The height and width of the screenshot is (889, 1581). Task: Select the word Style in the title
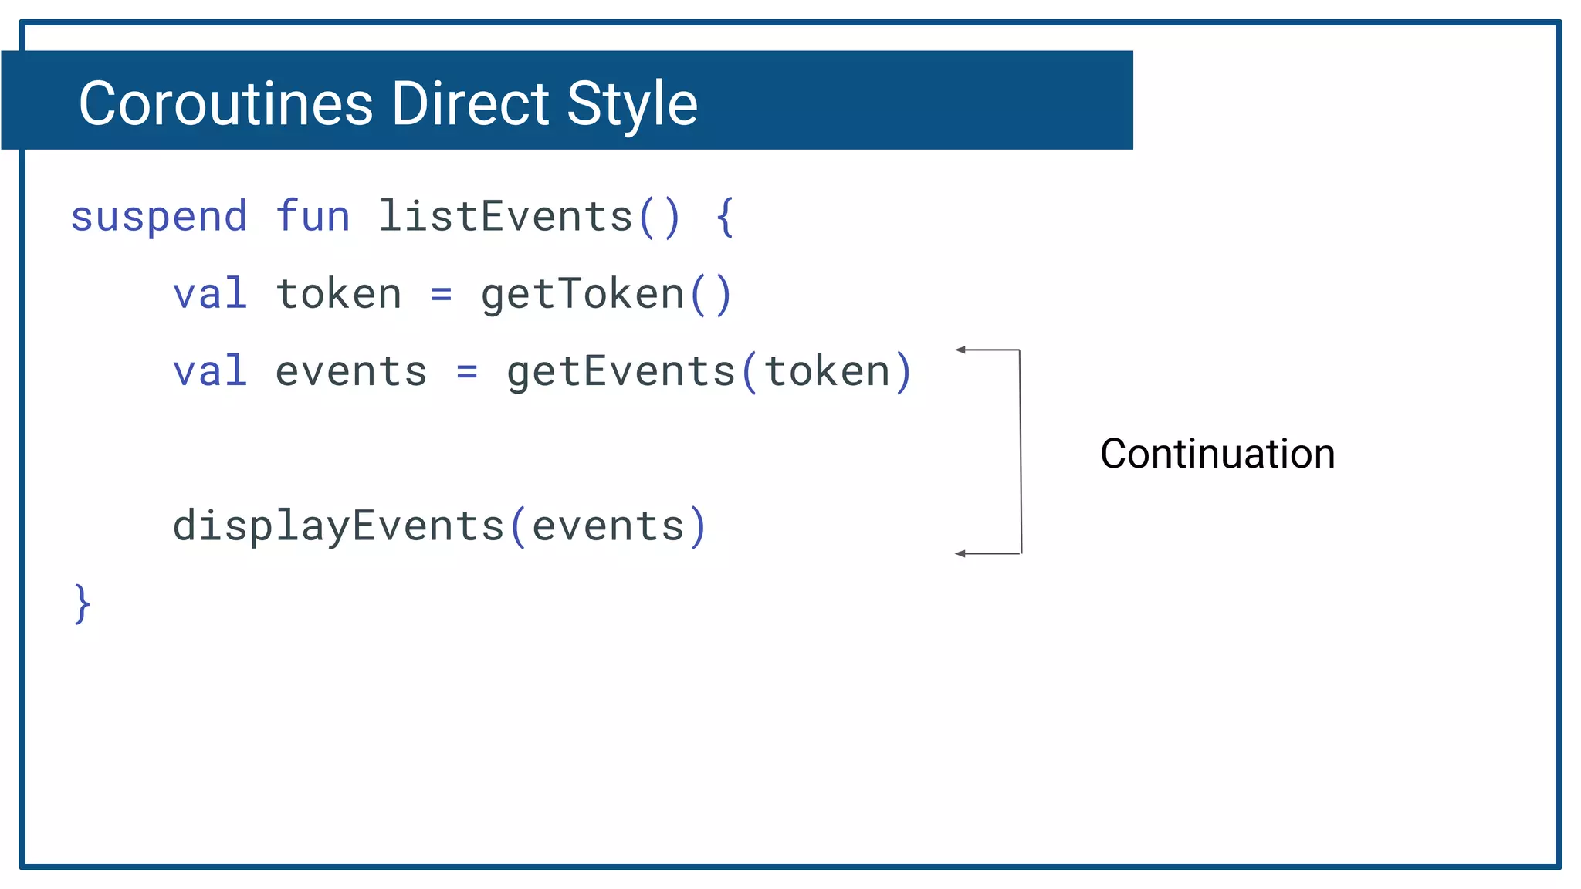(x=631, y=105)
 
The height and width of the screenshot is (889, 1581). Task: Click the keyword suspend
(x=159, y=217)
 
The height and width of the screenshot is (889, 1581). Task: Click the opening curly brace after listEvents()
(x=724, y=217)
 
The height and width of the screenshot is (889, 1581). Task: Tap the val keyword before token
(x=210, y=294)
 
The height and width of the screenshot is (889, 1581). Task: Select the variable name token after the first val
(x=339, y=294)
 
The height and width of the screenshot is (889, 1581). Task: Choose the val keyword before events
(x=210, y=371)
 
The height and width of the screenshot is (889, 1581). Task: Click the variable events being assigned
(x=351, y=372)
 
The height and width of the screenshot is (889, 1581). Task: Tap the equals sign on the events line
(x=467, y=372)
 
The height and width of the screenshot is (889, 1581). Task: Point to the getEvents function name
(x=621, y=372)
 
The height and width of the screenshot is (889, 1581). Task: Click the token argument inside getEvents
(x=828, y=372)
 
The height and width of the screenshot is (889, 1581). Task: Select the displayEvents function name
(x=338, y=526)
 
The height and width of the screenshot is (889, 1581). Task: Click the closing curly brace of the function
(x=83, y=603)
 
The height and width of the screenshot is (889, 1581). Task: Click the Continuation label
(x=1217, y=454)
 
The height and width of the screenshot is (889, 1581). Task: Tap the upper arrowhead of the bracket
(x=960, y=350)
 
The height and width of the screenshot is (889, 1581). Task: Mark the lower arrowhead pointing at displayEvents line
(x=960, y=553)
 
